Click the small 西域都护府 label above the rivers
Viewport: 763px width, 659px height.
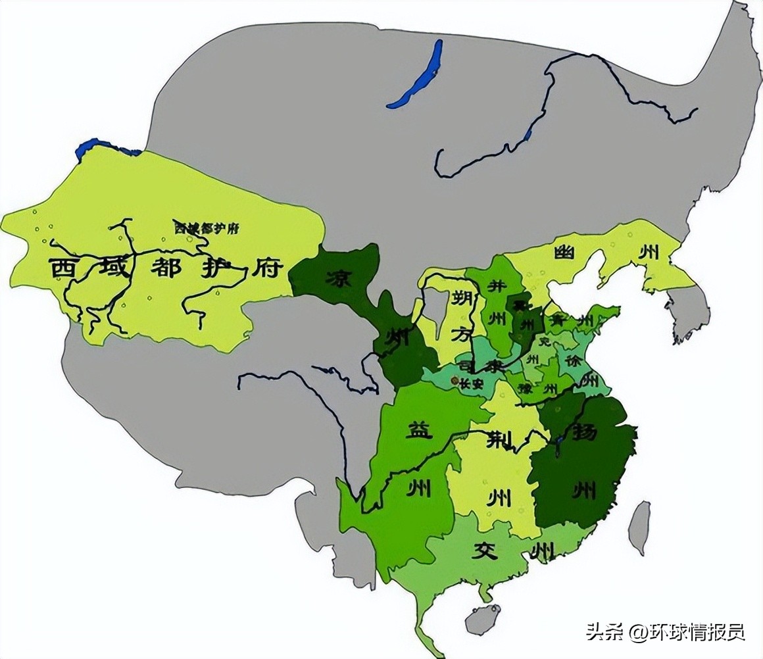(x=206, y=228)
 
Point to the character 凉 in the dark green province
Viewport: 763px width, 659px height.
(x=333, y=278)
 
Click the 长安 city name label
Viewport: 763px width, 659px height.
(x=471, y=383)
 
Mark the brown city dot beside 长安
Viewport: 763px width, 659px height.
(x=453, y=381)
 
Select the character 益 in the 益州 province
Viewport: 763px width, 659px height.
(x=416, y=432)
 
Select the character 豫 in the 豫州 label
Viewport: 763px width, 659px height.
(x=526, y=387)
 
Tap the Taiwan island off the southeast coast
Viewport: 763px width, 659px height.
(x=639, y=527)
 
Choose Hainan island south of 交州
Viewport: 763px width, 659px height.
(x=482, y=619)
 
